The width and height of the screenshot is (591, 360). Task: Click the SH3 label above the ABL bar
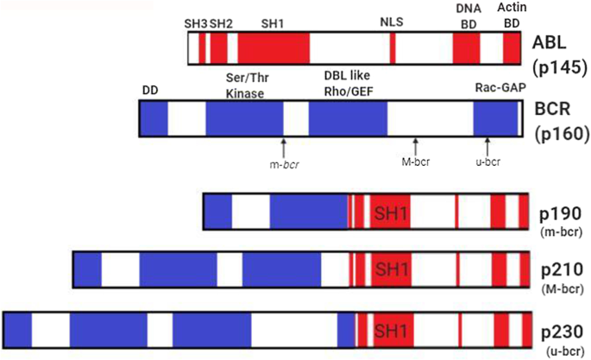point(196,22)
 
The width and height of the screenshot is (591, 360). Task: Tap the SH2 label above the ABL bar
point(221,22)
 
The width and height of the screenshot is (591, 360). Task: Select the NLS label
point(392,22)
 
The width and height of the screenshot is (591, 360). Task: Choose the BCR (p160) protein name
point(557,122)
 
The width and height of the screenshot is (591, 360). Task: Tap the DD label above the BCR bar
point(151,89)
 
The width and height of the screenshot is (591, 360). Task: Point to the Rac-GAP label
point(497,89)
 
